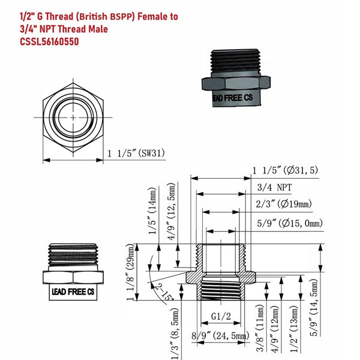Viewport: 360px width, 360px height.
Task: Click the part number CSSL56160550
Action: (x=49, y=42)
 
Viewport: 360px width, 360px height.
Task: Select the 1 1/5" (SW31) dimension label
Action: (x=136, y=153)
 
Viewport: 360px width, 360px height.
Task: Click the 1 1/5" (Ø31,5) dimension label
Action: (x=285, y=170)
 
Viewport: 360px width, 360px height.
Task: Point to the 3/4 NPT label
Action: (x=274, y=188)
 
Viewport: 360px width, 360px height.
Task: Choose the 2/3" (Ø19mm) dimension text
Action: (x=284, y=204)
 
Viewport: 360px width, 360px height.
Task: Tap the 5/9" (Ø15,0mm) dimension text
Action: (x=290, y=223)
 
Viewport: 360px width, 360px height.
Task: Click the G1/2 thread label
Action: (x=221, y=317)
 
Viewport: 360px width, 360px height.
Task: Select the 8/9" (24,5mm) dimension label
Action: (x=220, y=336)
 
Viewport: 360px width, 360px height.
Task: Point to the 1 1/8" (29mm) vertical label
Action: (x=130, y=272)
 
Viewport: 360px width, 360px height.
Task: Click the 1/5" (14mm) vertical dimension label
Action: (x=152, y=211)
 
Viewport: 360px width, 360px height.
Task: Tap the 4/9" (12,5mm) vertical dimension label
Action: (x=172, y=211)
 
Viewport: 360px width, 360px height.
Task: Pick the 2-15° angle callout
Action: (x=164, y=292)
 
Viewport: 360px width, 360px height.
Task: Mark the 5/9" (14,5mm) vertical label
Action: (x=314, y=308)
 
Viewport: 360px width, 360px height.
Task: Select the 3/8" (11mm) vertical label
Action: (x=260, y=328)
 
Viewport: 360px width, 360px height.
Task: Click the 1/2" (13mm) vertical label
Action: (x=295, y=329)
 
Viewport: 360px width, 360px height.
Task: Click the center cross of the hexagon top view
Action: (x=73, y=118)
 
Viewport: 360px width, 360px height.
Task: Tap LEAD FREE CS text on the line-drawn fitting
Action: (x=73, y=292)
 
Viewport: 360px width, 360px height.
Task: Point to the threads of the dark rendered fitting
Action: (x=235, y=61)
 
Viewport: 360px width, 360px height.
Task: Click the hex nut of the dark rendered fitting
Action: (x=236, y=83)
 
